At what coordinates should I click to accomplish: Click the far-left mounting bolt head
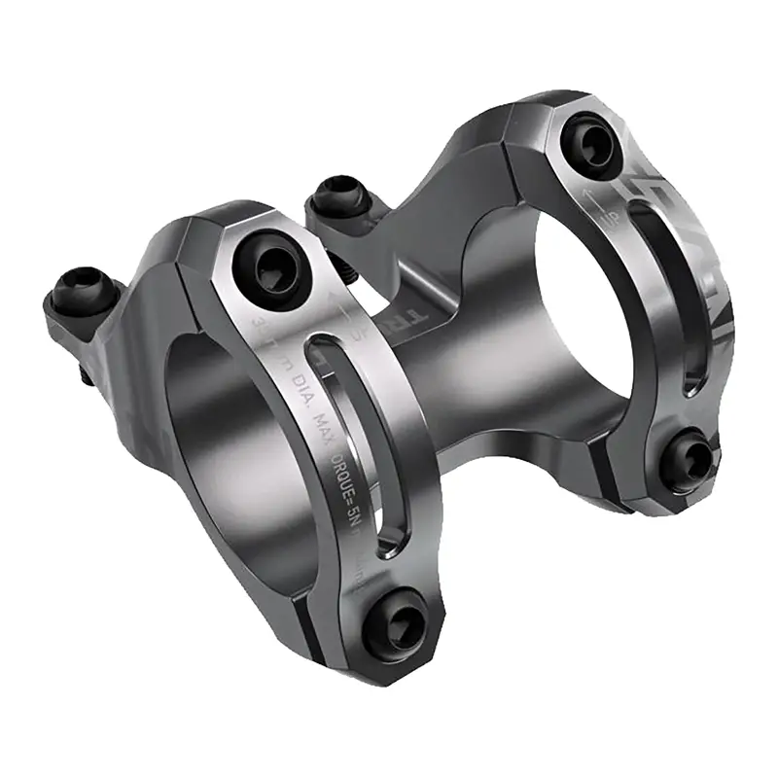[x=79, y=289]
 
